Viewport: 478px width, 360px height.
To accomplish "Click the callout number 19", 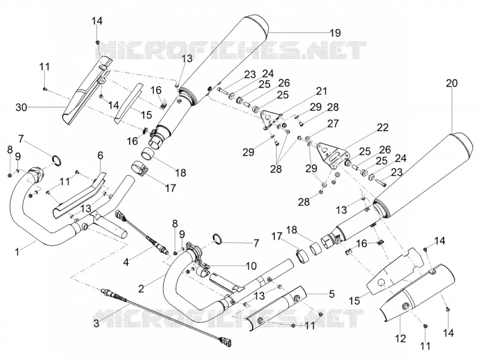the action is tap(335, 33).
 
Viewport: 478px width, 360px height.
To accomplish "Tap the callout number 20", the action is tap(452, 83).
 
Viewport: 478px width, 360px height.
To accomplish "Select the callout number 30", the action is tap(22, 108).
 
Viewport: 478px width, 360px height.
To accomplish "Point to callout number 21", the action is tap(321, 91).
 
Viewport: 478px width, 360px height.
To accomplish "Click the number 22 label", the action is tap(382, 127).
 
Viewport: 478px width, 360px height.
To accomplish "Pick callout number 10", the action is tap(251, 266).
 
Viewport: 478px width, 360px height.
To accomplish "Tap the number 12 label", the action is tap(400, 338).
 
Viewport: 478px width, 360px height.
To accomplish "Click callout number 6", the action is tap(100, 155).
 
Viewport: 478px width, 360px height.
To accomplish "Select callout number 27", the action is tap(333, 123).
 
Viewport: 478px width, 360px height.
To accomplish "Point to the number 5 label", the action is tap(332, 294).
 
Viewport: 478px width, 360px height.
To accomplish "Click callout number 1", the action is tap(17, 252).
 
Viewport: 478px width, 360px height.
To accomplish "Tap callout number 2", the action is tap(141, 289).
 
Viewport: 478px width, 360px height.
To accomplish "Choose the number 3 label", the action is tap(96, 324).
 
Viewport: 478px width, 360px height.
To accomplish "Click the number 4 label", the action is tap(127, 261).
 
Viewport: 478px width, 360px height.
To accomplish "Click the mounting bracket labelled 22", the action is tap(332, 154).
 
